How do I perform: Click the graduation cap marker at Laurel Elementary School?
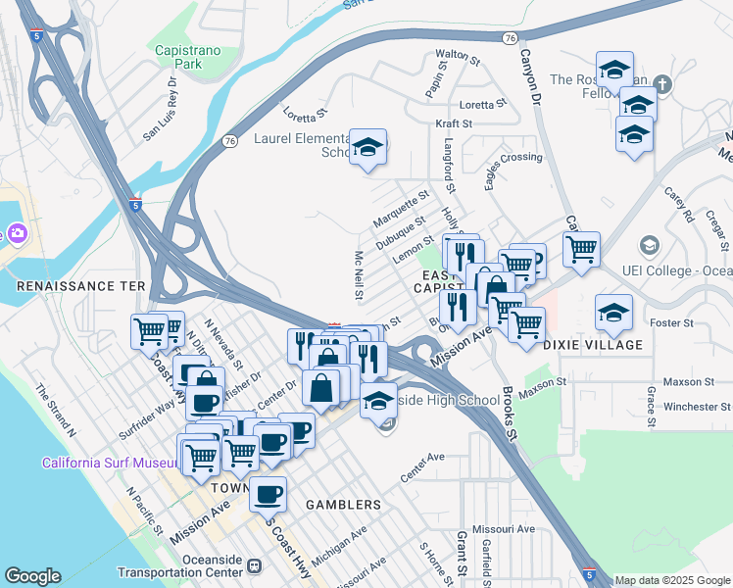(x=367, y=147)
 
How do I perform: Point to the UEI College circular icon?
(x=648, y=244)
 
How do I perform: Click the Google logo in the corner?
(x=33, y=576)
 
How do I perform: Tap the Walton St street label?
(x=458, y=56)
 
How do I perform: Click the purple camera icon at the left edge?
(x=17, y=233)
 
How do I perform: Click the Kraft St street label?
(x=454, y=124)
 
